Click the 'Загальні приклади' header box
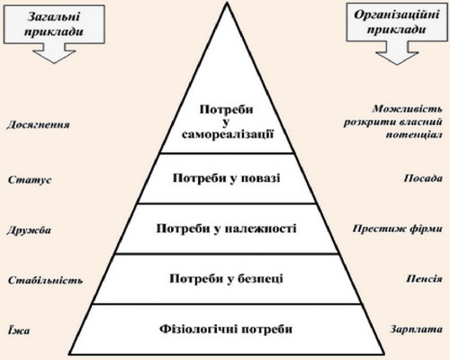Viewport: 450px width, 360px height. pyautogui.click(x=54, y=24)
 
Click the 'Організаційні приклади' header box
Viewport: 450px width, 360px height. pyautogui.click(x=397, y=22)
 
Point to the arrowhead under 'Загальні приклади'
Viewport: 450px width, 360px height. pyautogui.click(x=54, y=57)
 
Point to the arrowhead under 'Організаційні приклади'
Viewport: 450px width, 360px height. pyautogui.click(x=397, y=58)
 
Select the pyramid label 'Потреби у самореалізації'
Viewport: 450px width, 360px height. pyautogui.click(x=227, y=121)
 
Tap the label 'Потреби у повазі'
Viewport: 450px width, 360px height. pyautogui.click(x=227, y=178)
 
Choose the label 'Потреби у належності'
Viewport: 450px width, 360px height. pyautogui.click(x=227, y=229)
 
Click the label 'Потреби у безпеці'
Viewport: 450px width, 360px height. pyautogui.click(x=226, y=279)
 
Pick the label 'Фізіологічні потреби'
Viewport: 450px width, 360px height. pyautogui.click(x=226, y=329)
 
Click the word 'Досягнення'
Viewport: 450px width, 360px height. pyautogui.click(x=38, y=124)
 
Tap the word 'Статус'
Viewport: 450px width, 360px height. pyautogui.click(x=30, y=180)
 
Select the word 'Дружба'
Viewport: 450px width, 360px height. pyautogui.click(x=29, y=230)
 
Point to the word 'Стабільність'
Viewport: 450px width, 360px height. pyautogui.click(x=45, y=280)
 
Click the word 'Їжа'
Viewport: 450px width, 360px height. pyautogui.click(x=19, y=330)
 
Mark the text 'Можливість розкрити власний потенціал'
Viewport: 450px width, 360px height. pyautogui.click(x=393, y=121)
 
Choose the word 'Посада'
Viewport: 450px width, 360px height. pyautogui.click(x=423, y=178)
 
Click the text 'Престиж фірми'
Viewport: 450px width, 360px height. pyautogui.click(x=398, y=229)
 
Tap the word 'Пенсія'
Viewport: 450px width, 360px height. pyautogui.click(x=424, y=279)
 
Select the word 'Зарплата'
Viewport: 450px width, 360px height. pyautogui.click(x=416, y=329)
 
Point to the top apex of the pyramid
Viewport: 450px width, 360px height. pyautogui.click(x=227, y=3)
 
